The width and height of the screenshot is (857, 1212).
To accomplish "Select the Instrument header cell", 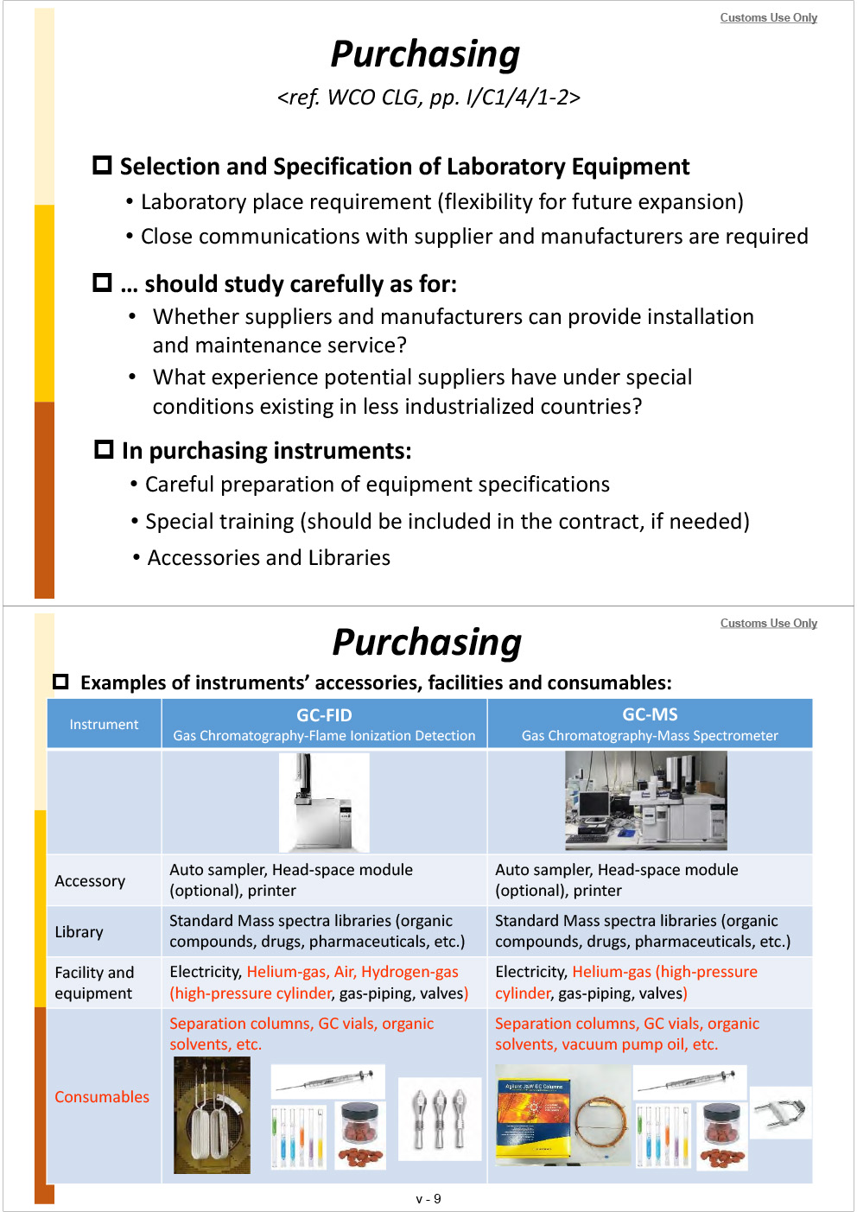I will tap(104, 724).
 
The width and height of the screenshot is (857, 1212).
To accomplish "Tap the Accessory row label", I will tap(90, 880).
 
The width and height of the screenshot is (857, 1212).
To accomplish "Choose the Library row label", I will tap(79, 931).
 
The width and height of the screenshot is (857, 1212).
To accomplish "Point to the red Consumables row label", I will tap(102, 1096).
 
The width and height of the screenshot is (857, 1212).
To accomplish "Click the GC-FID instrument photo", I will tap(324, 802).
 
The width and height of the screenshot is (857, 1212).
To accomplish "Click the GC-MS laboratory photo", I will tap(645, 800).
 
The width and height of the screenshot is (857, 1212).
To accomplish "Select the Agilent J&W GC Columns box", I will tap(533, 1120).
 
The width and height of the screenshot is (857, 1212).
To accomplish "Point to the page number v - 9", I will tap(428, 1198).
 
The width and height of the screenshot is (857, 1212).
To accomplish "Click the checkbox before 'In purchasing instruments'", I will tap(104, 449).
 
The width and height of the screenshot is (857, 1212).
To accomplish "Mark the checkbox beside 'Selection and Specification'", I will tap(102, 165).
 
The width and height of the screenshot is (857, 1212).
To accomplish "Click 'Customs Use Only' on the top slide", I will tap(768, 17).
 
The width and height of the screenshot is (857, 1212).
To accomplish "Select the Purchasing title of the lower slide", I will tap(427, 643).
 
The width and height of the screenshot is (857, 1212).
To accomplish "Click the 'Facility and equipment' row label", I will tap(94, 982).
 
